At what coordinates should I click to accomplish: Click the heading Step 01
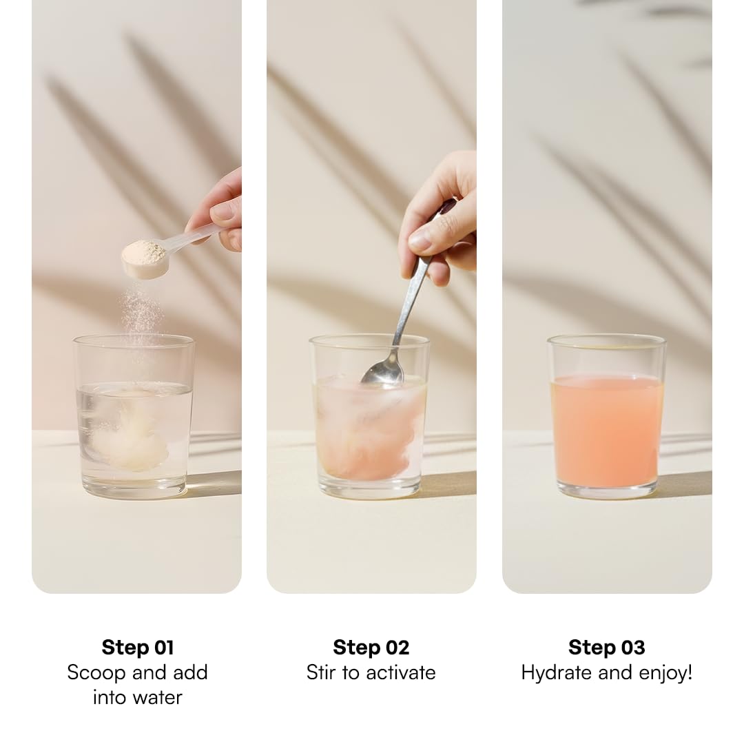point(138,647)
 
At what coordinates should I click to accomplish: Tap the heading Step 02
point(371,647)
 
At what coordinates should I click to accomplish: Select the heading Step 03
point(606,647)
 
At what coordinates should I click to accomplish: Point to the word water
point(158,697)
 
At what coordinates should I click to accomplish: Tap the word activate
point(400,672)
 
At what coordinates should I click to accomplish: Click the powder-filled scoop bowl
point(144,258)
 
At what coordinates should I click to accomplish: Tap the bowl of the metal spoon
point(382,371)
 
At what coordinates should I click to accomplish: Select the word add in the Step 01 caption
point(190,672)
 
